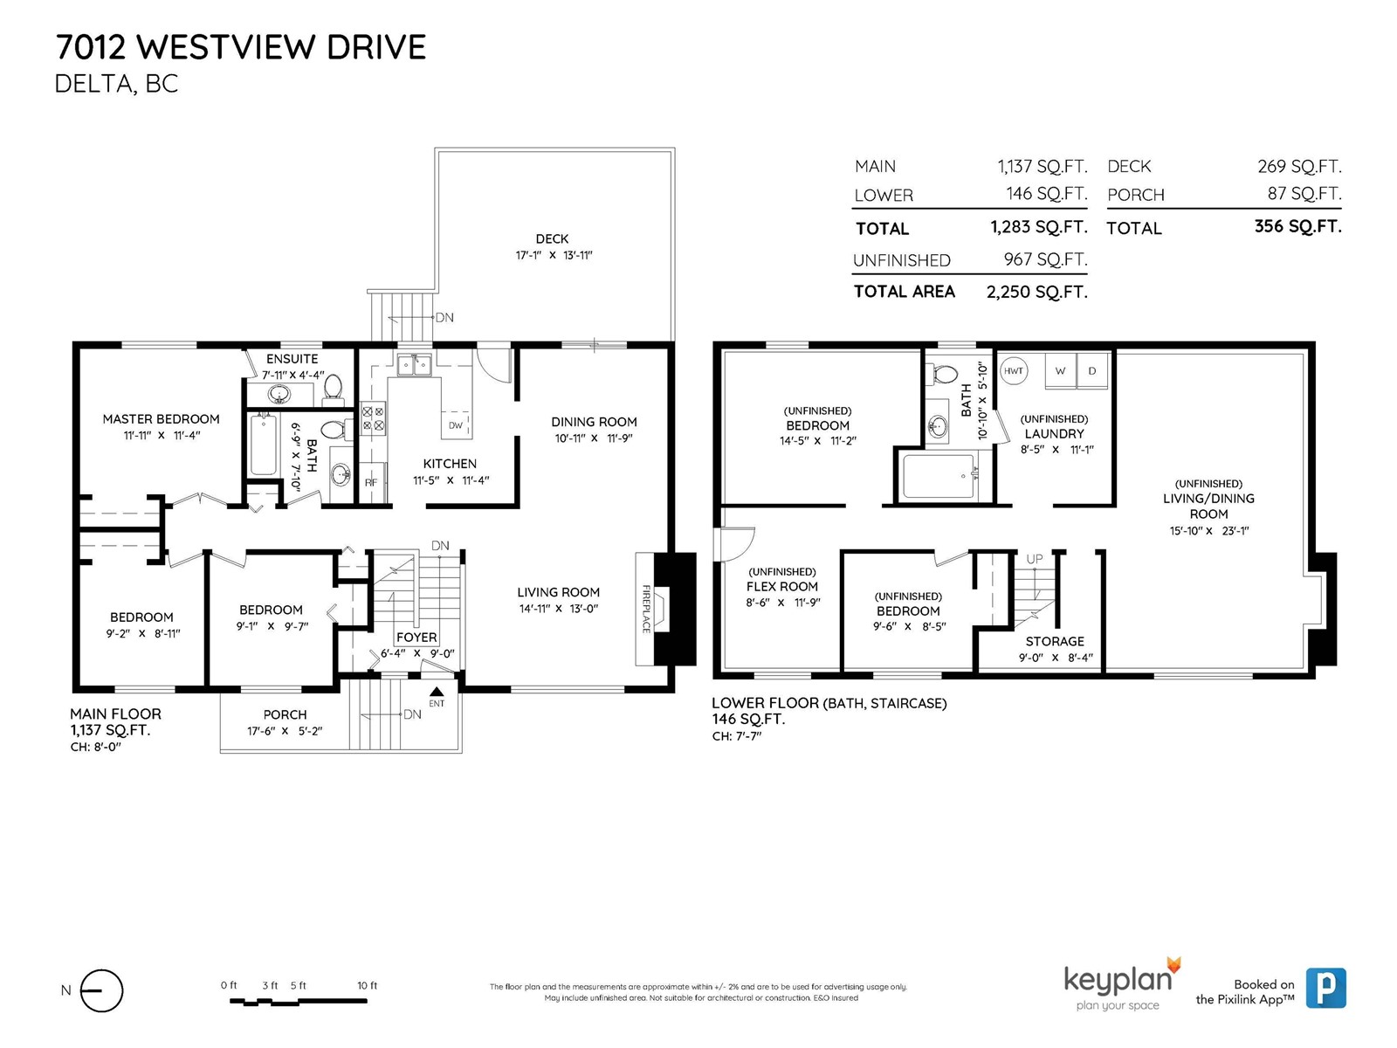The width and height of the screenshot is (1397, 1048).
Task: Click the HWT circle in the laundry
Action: click(1013, 371)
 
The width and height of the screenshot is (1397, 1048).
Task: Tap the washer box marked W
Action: click(1060, 370)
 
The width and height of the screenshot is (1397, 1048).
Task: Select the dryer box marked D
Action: click(1092, 370)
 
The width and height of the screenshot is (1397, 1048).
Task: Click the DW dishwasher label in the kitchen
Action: click(456, 425)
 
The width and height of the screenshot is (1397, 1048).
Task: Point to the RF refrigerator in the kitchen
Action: click(371, 482)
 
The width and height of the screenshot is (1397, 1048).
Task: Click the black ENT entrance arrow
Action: click(437, 692)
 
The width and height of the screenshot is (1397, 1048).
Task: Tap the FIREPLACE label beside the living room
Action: click(646, 609)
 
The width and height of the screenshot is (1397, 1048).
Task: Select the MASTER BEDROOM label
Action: click(161, 419)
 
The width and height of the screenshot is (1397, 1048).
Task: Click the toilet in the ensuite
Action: click(333, 388)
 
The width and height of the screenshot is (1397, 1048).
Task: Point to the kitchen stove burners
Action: click(373, 418)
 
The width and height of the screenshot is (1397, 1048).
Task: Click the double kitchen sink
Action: click(414, 365)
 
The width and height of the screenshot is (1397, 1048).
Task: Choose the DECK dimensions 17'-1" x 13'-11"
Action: click(554, 255)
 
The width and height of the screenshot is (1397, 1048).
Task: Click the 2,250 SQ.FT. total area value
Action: click(1036, 292)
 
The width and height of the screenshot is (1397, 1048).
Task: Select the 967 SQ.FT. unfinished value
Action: click(1046, 259)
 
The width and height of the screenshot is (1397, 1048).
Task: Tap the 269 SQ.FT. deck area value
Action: click(1299, 167)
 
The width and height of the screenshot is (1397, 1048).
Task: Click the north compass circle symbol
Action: click(101, 990)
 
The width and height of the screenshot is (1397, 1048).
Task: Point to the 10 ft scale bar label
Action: click(368, 986)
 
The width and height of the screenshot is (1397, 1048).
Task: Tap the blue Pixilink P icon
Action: click(1325, 989)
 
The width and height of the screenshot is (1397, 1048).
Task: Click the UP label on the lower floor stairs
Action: click(1035, 559)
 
